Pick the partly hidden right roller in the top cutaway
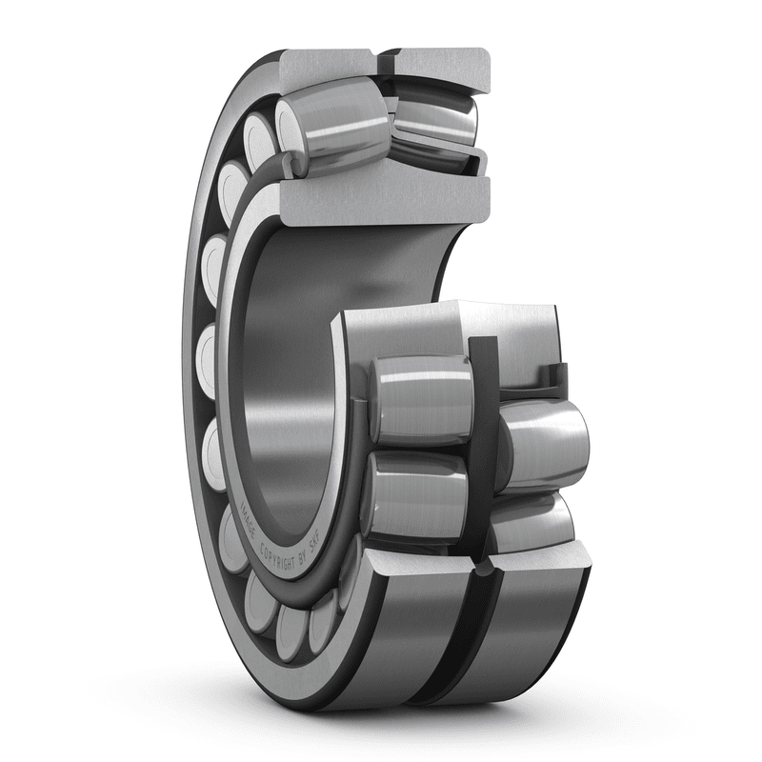(x=433, y=119)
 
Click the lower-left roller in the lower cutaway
(x=417, y=495)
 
